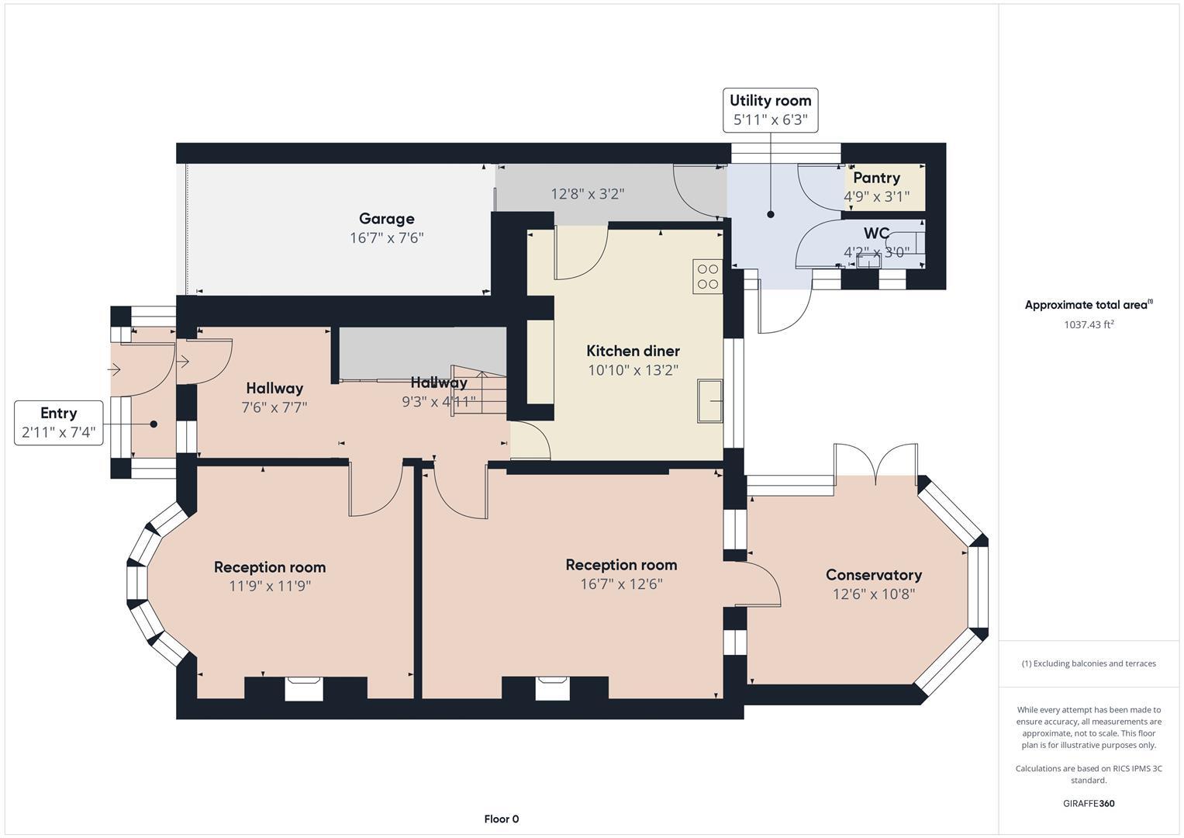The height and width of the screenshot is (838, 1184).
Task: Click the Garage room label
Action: click(x=386, y=219)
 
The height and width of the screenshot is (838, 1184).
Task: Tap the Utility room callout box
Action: click(x=770, y=110)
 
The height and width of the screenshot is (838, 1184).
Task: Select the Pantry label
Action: click(x=876, y=178)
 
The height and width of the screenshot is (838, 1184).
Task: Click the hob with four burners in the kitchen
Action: click(x=707, y=277)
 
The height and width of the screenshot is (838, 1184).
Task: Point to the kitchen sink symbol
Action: click(x=709, y=400)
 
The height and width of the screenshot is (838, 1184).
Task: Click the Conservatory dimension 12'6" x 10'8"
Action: click(x=873, y=594)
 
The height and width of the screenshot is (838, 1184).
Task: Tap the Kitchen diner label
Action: click(x=633, y=351)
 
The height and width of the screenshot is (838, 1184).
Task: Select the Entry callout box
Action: click(x=58, y=423)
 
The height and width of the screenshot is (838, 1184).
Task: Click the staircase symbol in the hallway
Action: click(x=479, y=391)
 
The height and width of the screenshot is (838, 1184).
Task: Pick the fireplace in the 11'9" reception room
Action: click(x=304, y=688)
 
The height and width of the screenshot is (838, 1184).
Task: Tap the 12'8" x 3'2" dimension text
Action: click(x=587, y=194)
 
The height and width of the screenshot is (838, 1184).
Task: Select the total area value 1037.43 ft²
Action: click(x=1089, y=324)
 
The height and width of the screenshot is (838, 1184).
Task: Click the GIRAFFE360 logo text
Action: click(x=1089, y=803)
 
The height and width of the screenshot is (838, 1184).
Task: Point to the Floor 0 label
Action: click(x=501, y=819)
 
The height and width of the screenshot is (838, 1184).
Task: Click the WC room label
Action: click(x=876, y=234)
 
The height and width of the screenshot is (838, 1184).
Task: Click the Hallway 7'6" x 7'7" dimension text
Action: click(x=274, y=407)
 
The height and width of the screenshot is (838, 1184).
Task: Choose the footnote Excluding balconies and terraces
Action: click(x=1089, y=663)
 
